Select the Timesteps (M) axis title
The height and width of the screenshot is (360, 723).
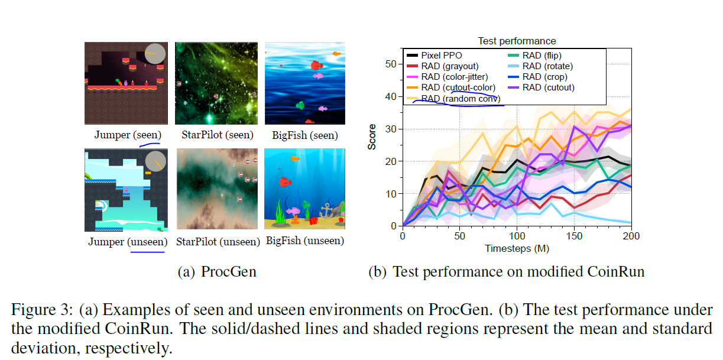click(517, 248)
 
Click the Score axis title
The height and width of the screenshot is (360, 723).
click(372, 137)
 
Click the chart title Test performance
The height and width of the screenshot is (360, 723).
click(517, 41)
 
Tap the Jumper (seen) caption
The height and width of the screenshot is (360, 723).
click(128, 135)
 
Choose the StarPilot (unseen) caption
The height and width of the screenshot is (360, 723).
click(218, 242)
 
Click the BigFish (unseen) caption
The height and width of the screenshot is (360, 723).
click(305, 241)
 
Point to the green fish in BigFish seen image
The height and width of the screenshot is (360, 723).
click(299, 105)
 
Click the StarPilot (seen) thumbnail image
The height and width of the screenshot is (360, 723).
click(215, 83)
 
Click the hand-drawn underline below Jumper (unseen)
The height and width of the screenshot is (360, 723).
click(147, 251)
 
